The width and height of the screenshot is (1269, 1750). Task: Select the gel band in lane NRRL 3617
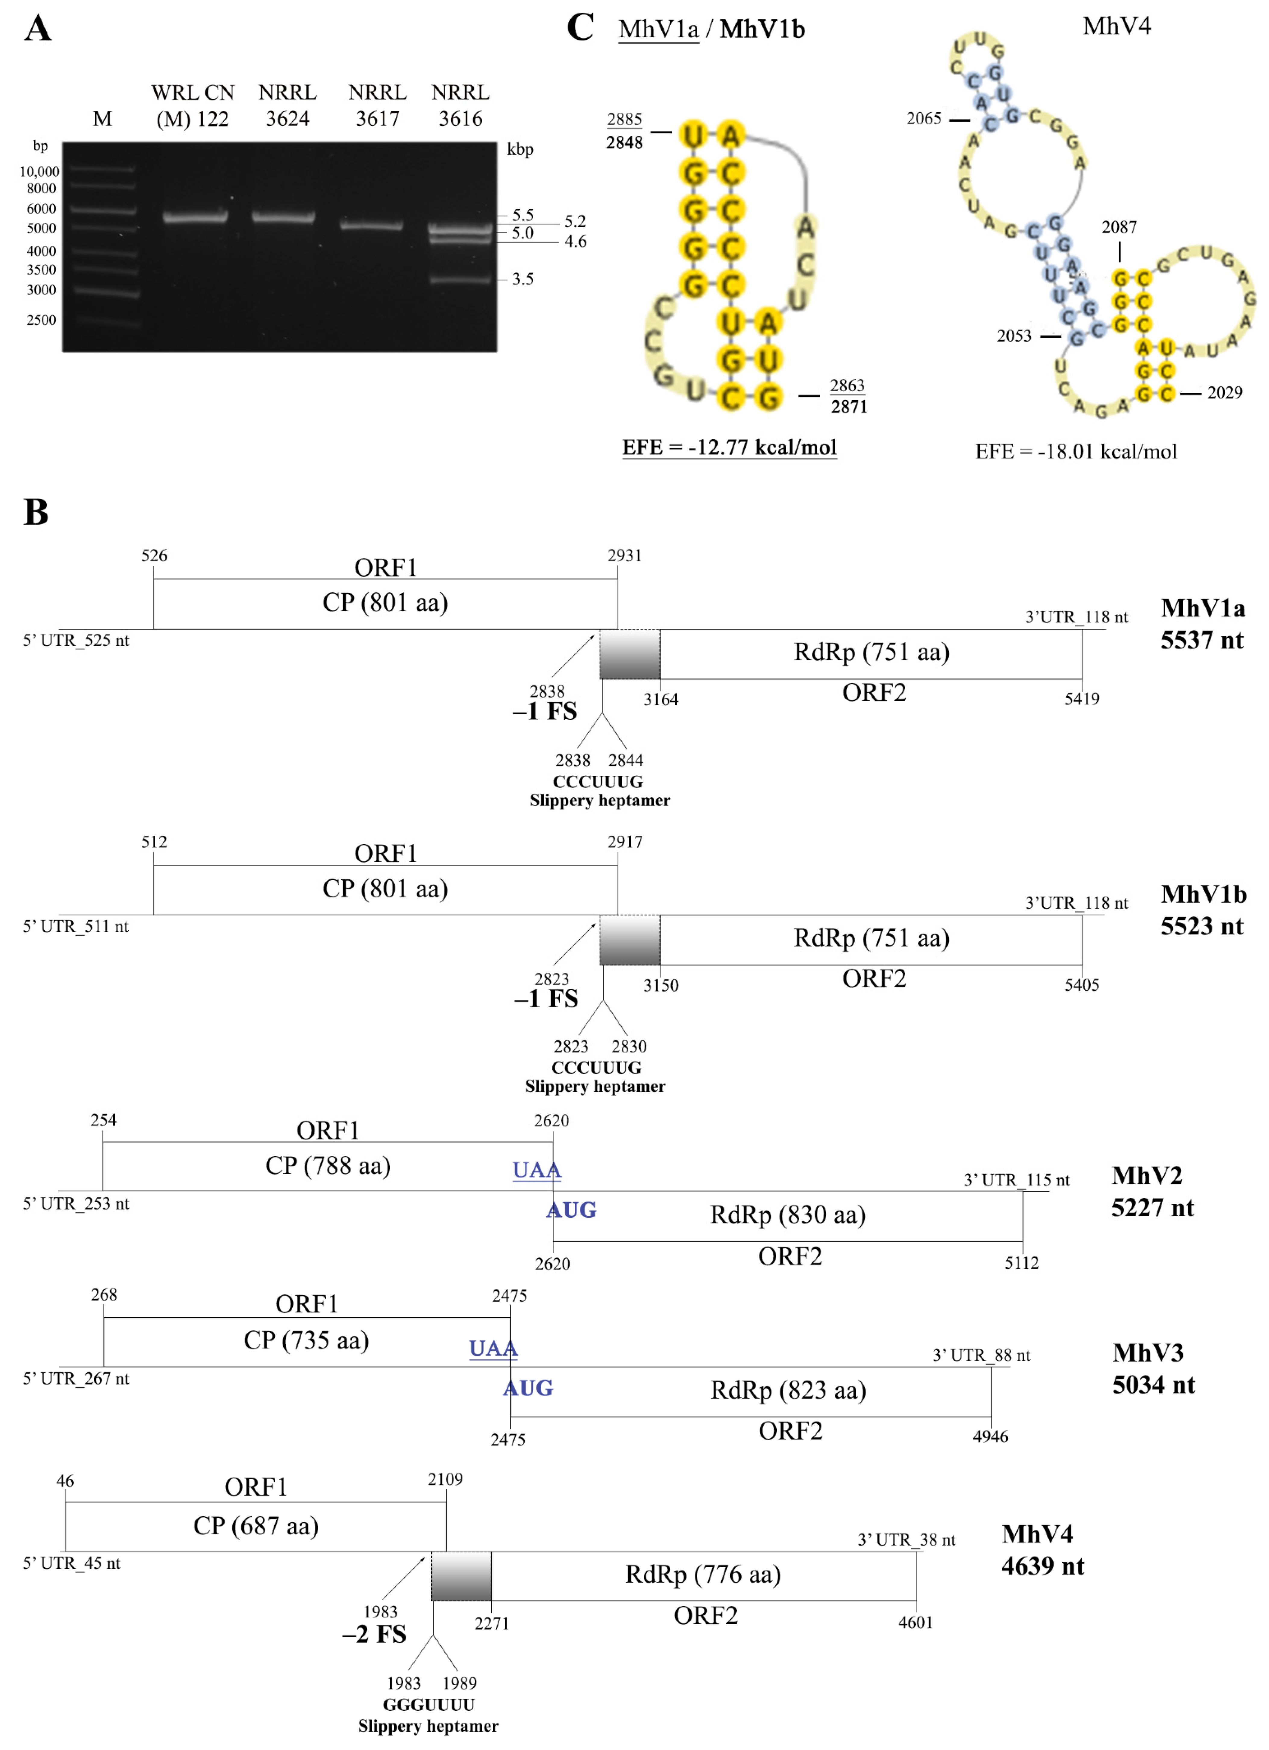click(372, 225)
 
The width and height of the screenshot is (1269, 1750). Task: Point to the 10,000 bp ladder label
click(39, 171)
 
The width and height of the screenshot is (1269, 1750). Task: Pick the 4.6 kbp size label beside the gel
click(575, 242)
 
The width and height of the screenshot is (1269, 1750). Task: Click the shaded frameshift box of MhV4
click(461, 1576)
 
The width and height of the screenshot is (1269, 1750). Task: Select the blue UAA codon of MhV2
click(536, 1170)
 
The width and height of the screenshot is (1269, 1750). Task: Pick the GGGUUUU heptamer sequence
click(429, 1705)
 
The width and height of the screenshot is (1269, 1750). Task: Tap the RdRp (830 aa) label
click(787, 1215)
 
